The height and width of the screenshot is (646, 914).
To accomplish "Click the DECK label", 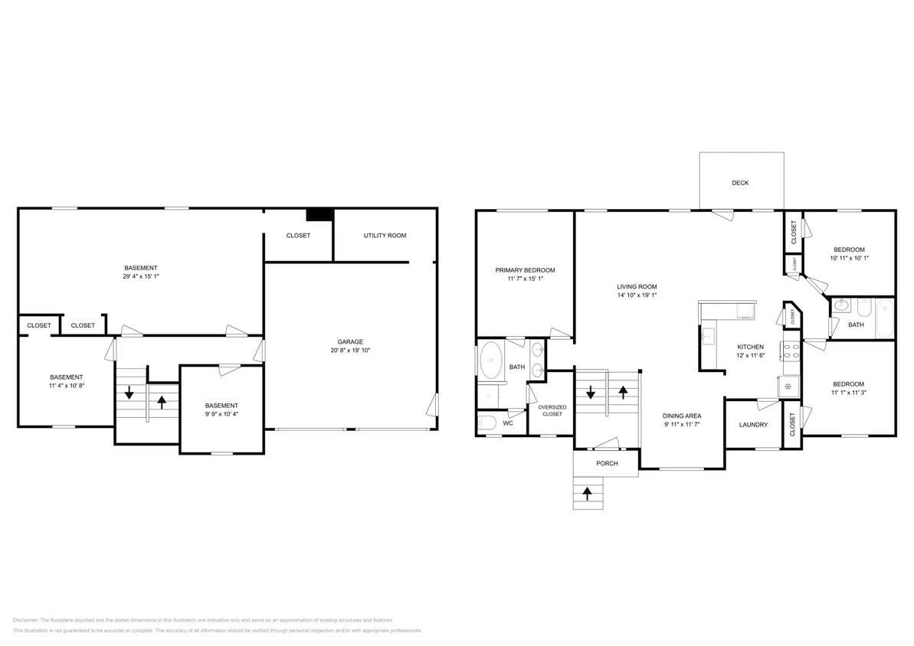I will pyautogui.click(x=739, y=183).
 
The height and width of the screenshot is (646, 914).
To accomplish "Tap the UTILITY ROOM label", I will pyautogui.click(x=385, y=236).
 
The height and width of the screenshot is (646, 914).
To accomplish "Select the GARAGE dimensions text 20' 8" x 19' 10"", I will pyautogui.click(x=350, y=351).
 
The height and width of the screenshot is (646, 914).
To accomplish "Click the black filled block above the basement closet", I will pyautogui.click(x=318, y=215).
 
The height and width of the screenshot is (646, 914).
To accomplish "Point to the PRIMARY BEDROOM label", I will pyautogui.click(x=525, y=270).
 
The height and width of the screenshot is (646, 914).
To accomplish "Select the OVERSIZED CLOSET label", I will pyautogui.click(x=552, y=410).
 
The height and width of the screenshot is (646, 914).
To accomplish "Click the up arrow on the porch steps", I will pyautogui.click(x=588, y=494).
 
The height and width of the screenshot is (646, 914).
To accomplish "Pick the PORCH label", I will pyautogui.click(x=607, y=464).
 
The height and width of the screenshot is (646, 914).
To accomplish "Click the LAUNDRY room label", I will pyautogui.click(x=753, y=425).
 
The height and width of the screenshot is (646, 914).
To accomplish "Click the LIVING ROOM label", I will pyautogui.click(x=637, y=287).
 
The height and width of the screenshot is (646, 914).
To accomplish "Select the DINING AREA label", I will pyautogui.click(x=682, y=416).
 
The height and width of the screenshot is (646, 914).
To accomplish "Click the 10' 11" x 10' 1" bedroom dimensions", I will pyautogui.click(x=849, y=259).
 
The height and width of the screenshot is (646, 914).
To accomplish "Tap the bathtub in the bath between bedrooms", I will pyautogui.click(x=884, y=318).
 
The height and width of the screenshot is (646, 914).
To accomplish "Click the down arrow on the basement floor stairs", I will pyautogui.click(x=129, y=393).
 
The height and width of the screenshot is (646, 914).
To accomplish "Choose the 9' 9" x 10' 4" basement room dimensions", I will pyautogui.click(x=221, y=414).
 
